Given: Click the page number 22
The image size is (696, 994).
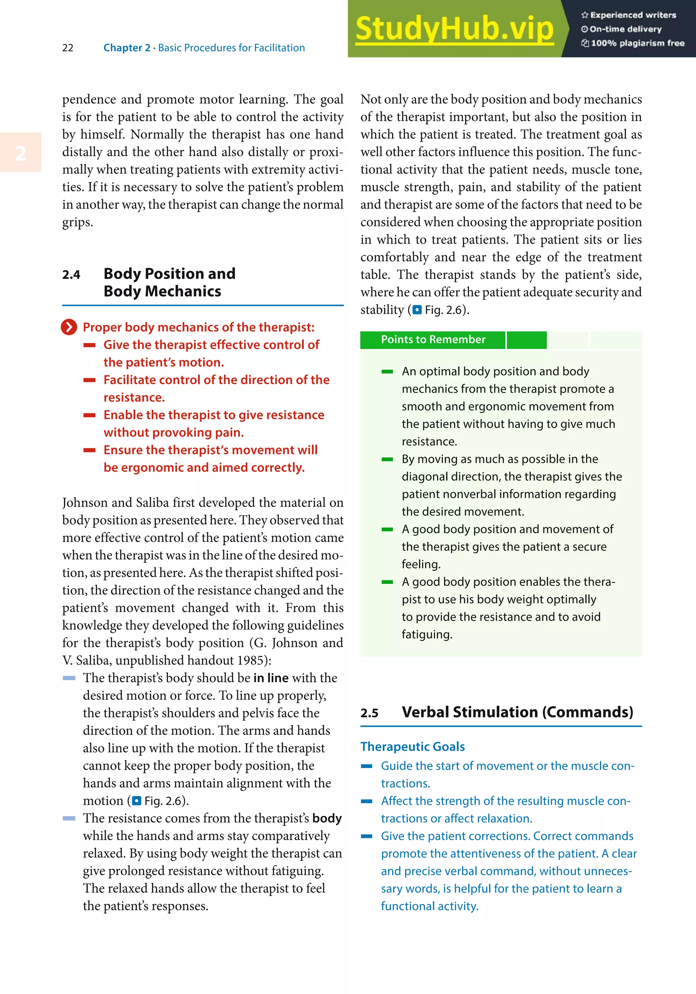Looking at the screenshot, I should [68, 48].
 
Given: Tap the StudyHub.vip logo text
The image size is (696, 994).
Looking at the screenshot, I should [454, 29].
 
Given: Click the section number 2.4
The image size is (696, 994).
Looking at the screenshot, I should [71, 275].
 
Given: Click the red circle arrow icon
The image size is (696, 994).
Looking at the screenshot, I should [69, 327].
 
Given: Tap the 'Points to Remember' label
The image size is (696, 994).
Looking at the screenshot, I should [433, 340].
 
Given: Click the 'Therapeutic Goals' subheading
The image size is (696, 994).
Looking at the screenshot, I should [413, 747].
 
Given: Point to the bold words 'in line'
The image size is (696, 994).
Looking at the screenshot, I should [271, 678].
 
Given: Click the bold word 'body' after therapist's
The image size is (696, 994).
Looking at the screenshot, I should [327, 818].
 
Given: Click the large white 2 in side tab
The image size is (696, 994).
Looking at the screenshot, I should [20, 153].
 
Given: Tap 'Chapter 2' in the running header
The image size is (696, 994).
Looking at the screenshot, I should [126, 48].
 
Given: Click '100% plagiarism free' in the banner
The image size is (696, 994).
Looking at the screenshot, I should [637, 43].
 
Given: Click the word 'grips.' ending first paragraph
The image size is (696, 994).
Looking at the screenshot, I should [77, 223].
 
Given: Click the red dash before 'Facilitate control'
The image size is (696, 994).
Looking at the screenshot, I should [90, 380].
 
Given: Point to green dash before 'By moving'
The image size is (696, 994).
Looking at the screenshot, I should [387, 459].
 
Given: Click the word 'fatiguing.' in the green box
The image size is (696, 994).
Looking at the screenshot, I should [427, 635].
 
